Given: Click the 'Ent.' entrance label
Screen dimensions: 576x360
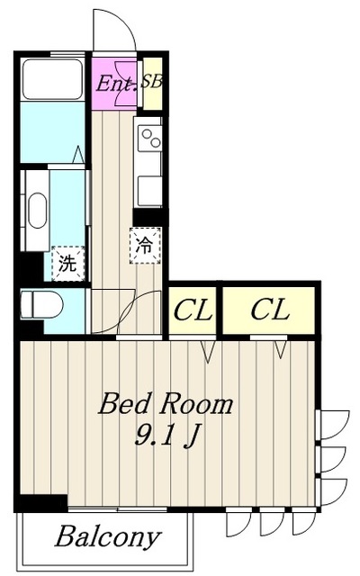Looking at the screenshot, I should pos(115,85).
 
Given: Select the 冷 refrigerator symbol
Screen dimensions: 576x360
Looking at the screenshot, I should pos(145,244).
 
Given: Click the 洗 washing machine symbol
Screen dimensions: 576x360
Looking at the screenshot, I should pos(67,264).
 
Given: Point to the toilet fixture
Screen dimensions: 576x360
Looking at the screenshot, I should pos(42,306).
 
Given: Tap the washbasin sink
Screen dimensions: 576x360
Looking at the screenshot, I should pos(36,212).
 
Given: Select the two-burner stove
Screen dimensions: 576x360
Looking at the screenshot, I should pos(148,138).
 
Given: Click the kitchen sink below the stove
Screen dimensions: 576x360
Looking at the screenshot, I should pos(148,189).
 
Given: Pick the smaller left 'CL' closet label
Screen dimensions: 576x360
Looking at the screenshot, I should pos(193,311).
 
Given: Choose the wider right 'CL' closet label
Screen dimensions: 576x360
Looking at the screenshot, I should pos(269,311).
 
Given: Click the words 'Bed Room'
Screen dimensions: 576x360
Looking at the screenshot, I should pos(166,402).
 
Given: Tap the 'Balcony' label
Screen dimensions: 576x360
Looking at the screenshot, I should pos(107,538).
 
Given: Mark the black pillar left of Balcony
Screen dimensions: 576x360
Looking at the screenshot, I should pos(41,504).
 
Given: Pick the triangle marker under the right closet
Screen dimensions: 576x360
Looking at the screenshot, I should pos(281,347).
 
